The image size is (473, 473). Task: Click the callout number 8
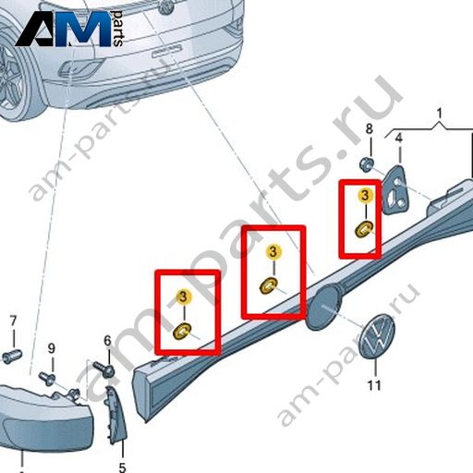(370, 128)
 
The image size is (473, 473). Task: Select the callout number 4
(399, 138)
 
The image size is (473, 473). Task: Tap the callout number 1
(440, 113)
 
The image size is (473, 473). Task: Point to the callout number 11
(374, 385)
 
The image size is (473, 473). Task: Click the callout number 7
(13, 321)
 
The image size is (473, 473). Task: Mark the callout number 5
(122, 467)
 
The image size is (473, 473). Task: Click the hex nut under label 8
(367, 164)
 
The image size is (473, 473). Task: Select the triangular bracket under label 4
(395, 190)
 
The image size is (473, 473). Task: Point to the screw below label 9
(47, 378)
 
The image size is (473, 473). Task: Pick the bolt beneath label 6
(103, 369)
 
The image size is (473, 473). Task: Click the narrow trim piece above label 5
(116, 416)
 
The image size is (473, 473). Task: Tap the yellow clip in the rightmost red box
(364, 229)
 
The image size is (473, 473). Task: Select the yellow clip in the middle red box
(268, 285)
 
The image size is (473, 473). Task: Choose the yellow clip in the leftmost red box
(182, 332)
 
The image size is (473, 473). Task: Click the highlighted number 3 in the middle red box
(273, 251)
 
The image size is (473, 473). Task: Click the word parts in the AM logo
(117, 29)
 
